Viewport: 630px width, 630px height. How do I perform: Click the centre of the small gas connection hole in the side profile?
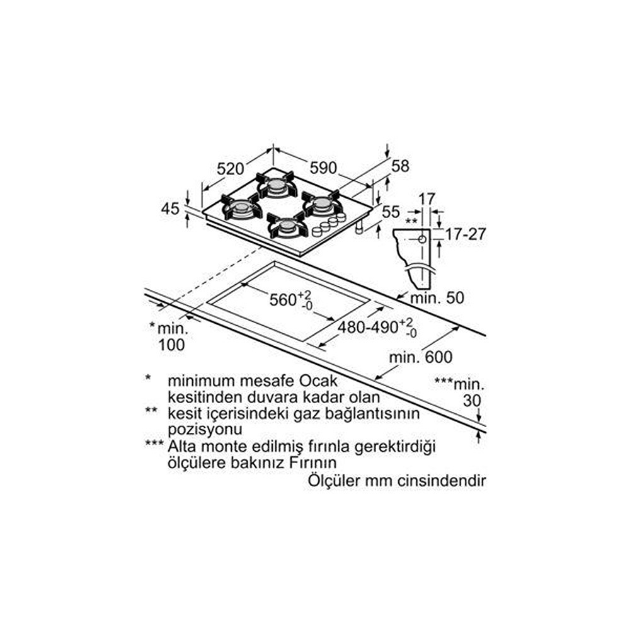point(422,239)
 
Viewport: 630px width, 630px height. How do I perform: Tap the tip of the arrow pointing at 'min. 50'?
point(396,299)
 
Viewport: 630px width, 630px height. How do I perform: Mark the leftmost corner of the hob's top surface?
point(202,211)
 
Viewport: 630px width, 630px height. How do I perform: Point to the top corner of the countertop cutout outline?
point(275,261)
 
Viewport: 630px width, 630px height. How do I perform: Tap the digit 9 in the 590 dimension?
point(329,168)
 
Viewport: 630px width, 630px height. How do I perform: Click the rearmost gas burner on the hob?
point(276,184)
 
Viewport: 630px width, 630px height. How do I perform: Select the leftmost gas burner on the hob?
point(242,207)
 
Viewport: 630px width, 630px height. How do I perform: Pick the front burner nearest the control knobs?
point(287,226)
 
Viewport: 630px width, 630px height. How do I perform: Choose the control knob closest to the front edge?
point(317,231)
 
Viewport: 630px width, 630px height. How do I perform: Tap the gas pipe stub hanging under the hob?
point(359,227)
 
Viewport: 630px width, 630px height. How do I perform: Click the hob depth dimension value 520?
point(230,169)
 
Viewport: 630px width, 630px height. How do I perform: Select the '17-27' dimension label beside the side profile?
point(466,234)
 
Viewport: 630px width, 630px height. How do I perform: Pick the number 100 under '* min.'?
point(171,345)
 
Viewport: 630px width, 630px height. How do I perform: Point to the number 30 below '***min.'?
point(472,401)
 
